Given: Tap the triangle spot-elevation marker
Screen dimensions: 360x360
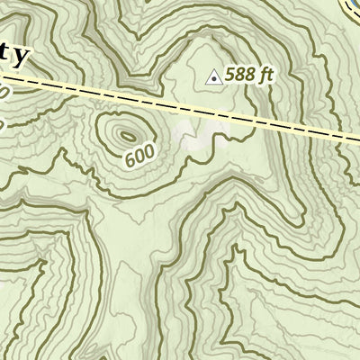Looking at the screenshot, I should (213, 78).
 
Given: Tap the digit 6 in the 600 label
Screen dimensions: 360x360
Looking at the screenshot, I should (130, 161).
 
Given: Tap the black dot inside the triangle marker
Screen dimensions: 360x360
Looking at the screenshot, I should (213, 79).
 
